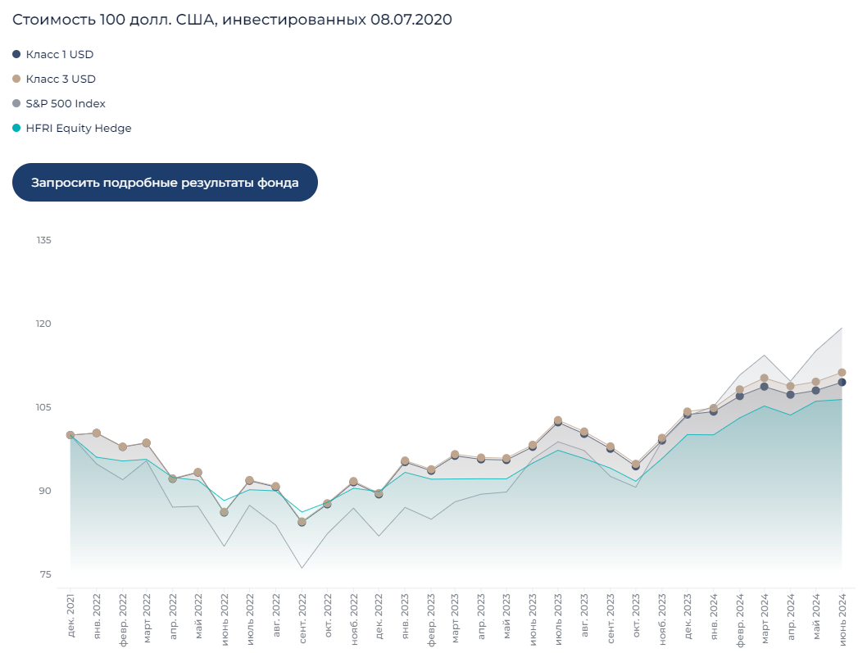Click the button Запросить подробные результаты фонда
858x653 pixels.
tap(165, 182)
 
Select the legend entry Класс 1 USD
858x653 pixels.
tap(60, 54)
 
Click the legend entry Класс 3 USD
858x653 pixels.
tap(61, 79)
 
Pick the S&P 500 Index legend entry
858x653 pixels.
tap(66, 103)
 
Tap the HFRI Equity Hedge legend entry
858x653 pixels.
tap(79, 128)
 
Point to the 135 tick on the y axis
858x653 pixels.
tap(43, 240)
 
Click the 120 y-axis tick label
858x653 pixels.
tap(43, 324)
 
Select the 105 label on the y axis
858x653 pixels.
tap(43, 407)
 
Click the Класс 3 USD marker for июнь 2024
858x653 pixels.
tap(842, 372)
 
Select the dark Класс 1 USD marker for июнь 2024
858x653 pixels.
tap(842, 383)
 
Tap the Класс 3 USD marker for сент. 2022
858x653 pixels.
tap(302, 521)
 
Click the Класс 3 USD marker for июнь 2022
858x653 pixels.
tap(225, 512)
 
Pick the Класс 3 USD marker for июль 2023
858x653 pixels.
tap(558, 420)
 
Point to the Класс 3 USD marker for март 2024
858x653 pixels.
tap(765, 378)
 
